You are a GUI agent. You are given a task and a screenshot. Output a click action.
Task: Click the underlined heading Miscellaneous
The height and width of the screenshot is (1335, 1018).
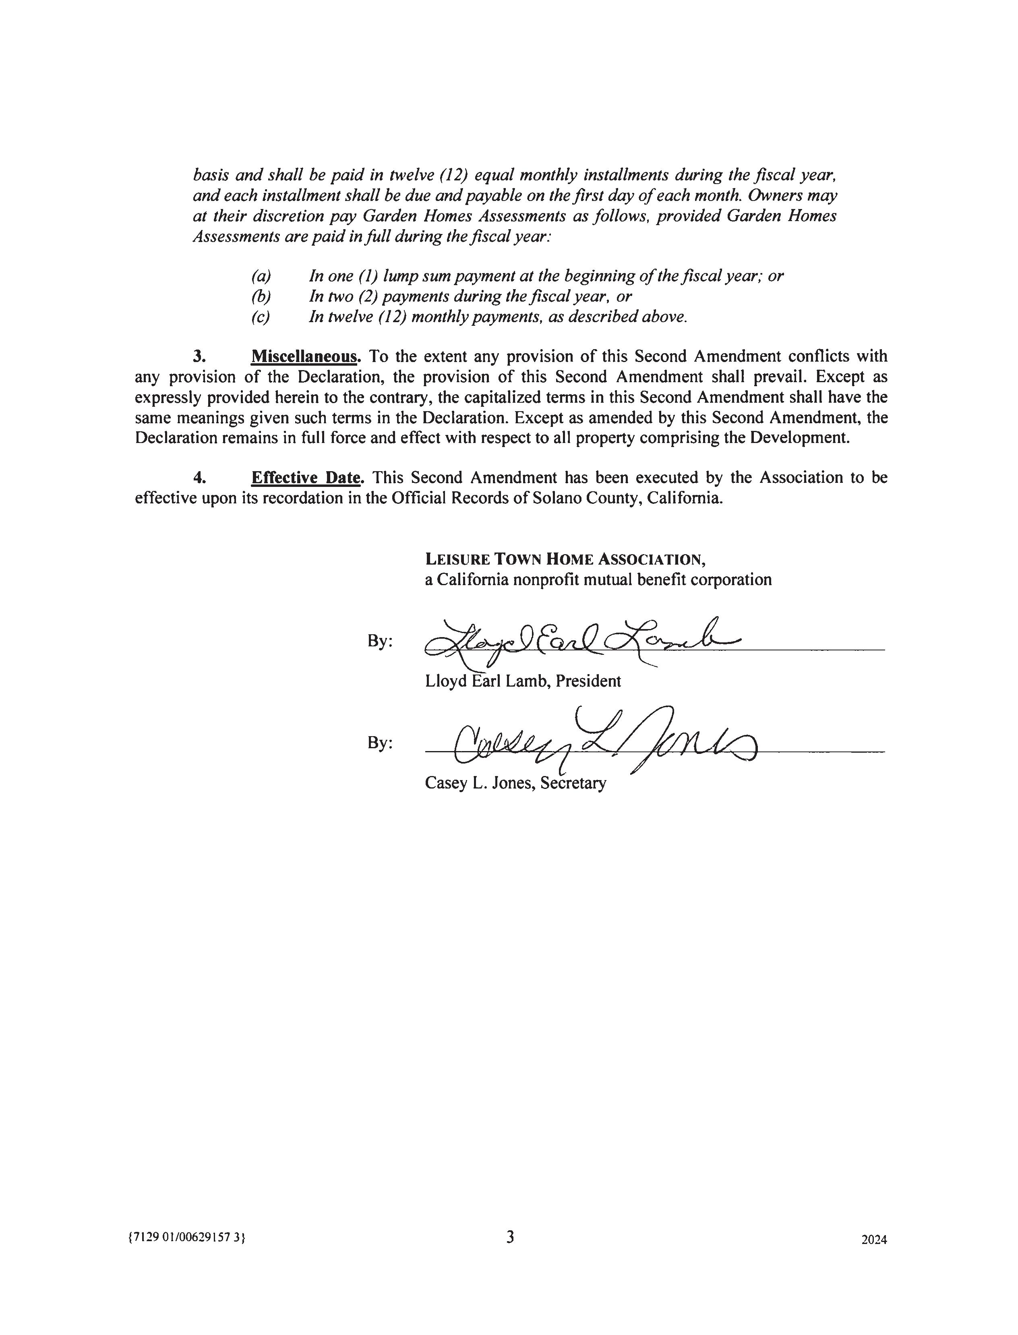coord(304,356)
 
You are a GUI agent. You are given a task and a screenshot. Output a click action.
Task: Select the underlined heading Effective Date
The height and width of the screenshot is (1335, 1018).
coord(306,478)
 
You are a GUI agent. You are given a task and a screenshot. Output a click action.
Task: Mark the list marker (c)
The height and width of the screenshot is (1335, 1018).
coord(261,317)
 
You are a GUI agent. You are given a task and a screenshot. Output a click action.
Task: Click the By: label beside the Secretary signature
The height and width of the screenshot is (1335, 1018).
coord(380,743)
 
